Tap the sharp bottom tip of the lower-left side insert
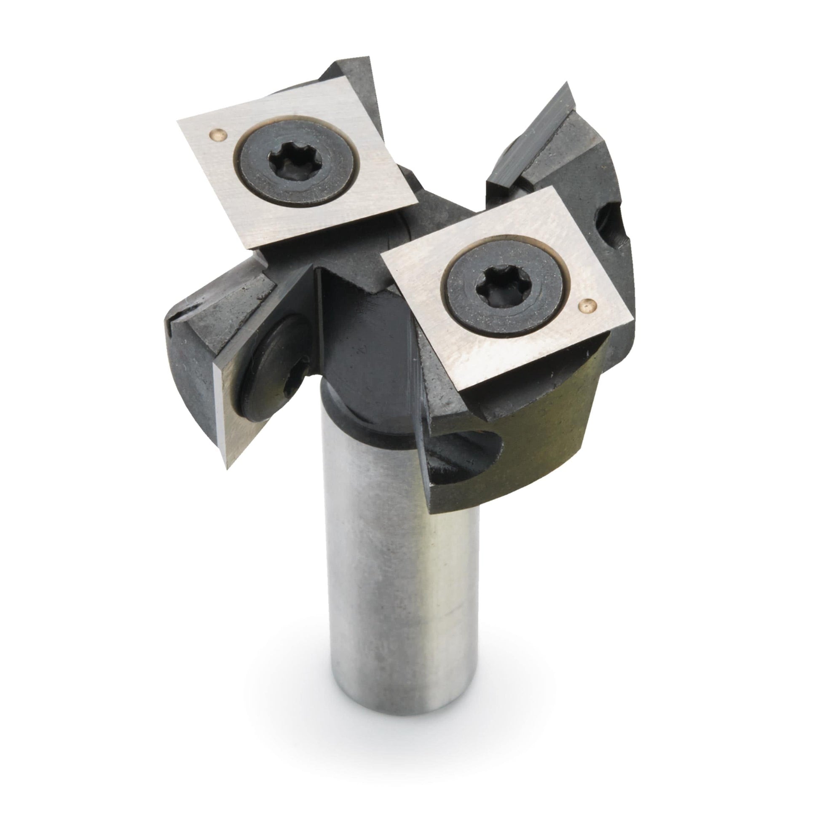click(x=228, y=467)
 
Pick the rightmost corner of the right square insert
click(x=633, y=316)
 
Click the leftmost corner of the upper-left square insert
click(x=177, y=122)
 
